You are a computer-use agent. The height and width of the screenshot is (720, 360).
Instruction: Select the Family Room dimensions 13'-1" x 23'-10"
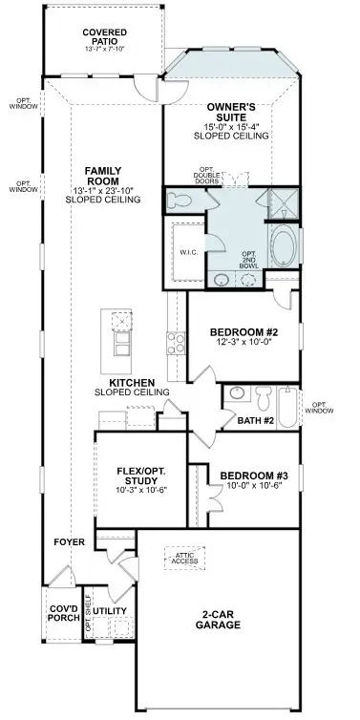[103, 188]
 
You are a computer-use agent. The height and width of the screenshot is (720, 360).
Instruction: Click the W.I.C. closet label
[187, 253]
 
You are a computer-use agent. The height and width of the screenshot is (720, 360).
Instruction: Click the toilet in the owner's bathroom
[179, 201]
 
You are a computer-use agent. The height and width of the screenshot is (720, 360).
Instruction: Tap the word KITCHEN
[131, 380]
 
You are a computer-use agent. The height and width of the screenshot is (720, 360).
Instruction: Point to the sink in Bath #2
[236, 393]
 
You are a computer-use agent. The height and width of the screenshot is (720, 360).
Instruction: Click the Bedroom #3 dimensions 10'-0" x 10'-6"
[251, 487]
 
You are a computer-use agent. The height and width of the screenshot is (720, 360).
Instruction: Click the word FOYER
[71, 541]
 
